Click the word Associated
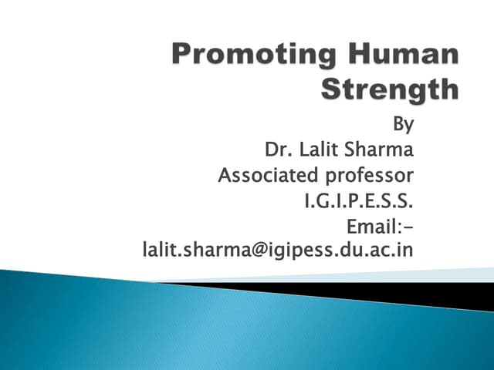(267, 175)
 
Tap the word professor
(368, 175)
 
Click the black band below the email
(386, 291)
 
